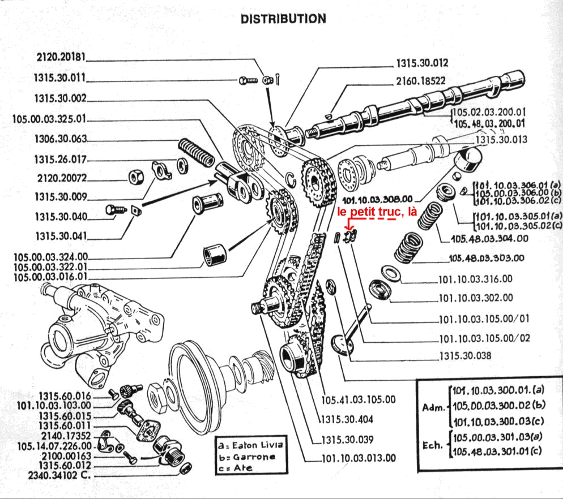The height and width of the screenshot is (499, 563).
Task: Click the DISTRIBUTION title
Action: pos(283,19)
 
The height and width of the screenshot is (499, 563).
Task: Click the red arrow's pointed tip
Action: pos(347,232)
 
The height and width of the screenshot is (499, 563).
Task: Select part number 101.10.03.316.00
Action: pos(475,279)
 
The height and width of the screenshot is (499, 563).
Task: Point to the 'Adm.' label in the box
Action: pos(434,407)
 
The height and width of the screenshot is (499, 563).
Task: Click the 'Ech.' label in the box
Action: pos(434,445)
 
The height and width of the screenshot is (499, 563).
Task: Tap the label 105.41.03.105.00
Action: pos(359,399)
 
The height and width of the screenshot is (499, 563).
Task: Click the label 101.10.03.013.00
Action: pos(358,459)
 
